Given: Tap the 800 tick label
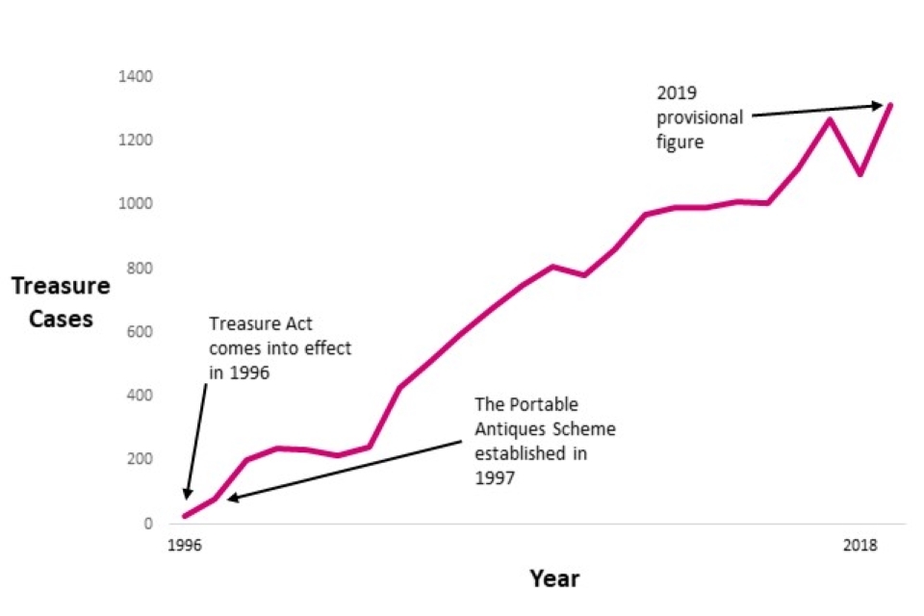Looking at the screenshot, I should point(137,269).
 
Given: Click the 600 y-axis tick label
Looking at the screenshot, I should point(137,332).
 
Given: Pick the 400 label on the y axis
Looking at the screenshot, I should point(137,396).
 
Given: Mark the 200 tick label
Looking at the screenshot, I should point(137,459).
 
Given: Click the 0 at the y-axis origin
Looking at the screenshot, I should point(146,524).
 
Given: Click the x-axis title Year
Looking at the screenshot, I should point(554,578).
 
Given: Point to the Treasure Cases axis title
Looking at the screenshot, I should point(61,301).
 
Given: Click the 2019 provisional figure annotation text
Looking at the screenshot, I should point(700,117).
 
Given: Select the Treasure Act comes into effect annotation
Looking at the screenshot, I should point(280,347).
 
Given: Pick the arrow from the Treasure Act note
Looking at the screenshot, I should point(195,439).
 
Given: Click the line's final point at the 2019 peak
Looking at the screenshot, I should point(890,104).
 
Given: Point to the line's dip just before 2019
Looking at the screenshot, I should point(860,174).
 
